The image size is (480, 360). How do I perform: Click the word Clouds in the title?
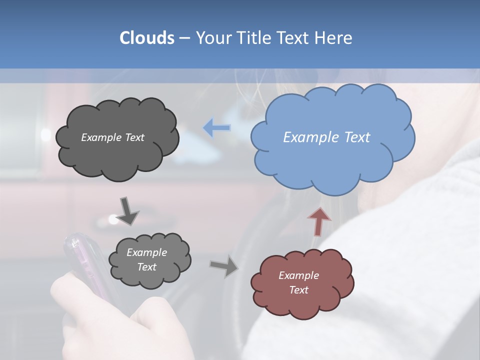(147, 38)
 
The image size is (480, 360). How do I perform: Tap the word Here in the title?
(334, 38)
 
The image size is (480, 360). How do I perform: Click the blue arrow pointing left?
(216, 128)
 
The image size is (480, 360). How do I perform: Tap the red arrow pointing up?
(319, 221)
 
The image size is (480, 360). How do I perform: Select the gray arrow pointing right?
(224, 265)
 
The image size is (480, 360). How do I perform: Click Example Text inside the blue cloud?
(326, 137)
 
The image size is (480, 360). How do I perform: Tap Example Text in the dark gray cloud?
(112, 137)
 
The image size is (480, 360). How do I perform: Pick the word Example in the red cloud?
(298, 275)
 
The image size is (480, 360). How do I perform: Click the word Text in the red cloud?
(298, 290)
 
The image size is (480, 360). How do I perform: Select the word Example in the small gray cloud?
(146, 252)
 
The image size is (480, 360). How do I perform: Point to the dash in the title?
(184, 38)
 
